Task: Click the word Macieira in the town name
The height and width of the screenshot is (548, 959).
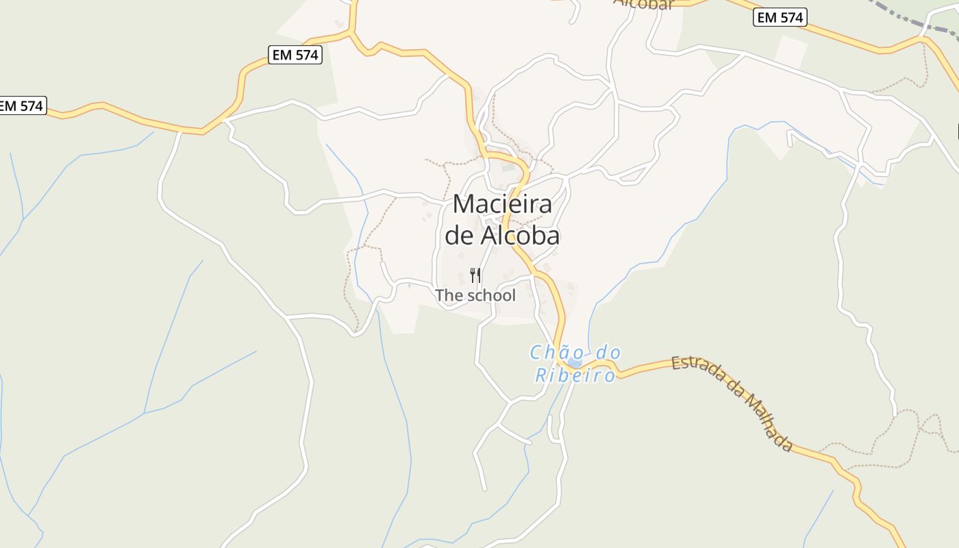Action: [502, 204]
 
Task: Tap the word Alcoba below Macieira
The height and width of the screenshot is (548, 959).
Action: [520, 236]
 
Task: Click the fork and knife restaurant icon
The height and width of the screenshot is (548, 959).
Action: [475, 275]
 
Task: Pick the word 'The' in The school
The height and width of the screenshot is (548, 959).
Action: [449, 296]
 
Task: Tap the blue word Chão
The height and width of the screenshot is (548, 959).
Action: [556, 353]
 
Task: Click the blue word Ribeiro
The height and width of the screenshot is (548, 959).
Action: [575, 375]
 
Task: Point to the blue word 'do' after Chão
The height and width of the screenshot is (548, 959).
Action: [608, 353]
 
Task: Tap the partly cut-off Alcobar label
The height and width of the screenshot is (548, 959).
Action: [643, 4]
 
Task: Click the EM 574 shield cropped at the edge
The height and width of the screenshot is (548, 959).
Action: [21, 106]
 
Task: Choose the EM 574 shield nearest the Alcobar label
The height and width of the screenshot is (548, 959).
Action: [780, 18]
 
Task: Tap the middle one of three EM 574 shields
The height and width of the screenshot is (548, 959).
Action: [296, 55]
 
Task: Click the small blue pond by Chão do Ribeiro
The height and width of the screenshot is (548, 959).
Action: [575, 363]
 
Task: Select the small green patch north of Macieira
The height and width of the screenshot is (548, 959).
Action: [508, 166]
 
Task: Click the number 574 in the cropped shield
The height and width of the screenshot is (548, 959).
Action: [32, 106]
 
